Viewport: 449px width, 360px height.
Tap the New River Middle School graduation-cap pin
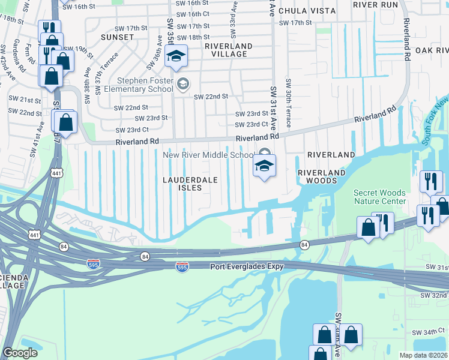pos(264,165)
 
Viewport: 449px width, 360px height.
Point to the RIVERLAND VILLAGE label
pos(228,50)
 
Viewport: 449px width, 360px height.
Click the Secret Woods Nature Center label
pos(379,197)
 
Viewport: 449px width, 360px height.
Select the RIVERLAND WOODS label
pos(322,176)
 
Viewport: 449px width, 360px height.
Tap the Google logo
pos(20,352)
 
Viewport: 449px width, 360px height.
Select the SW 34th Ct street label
pos(430,332)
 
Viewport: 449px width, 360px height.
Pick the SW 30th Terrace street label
pos(289,103)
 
